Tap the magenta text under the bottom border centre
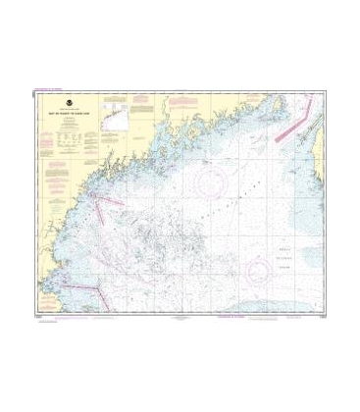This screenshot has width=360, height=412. click(x=181, y=317)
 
